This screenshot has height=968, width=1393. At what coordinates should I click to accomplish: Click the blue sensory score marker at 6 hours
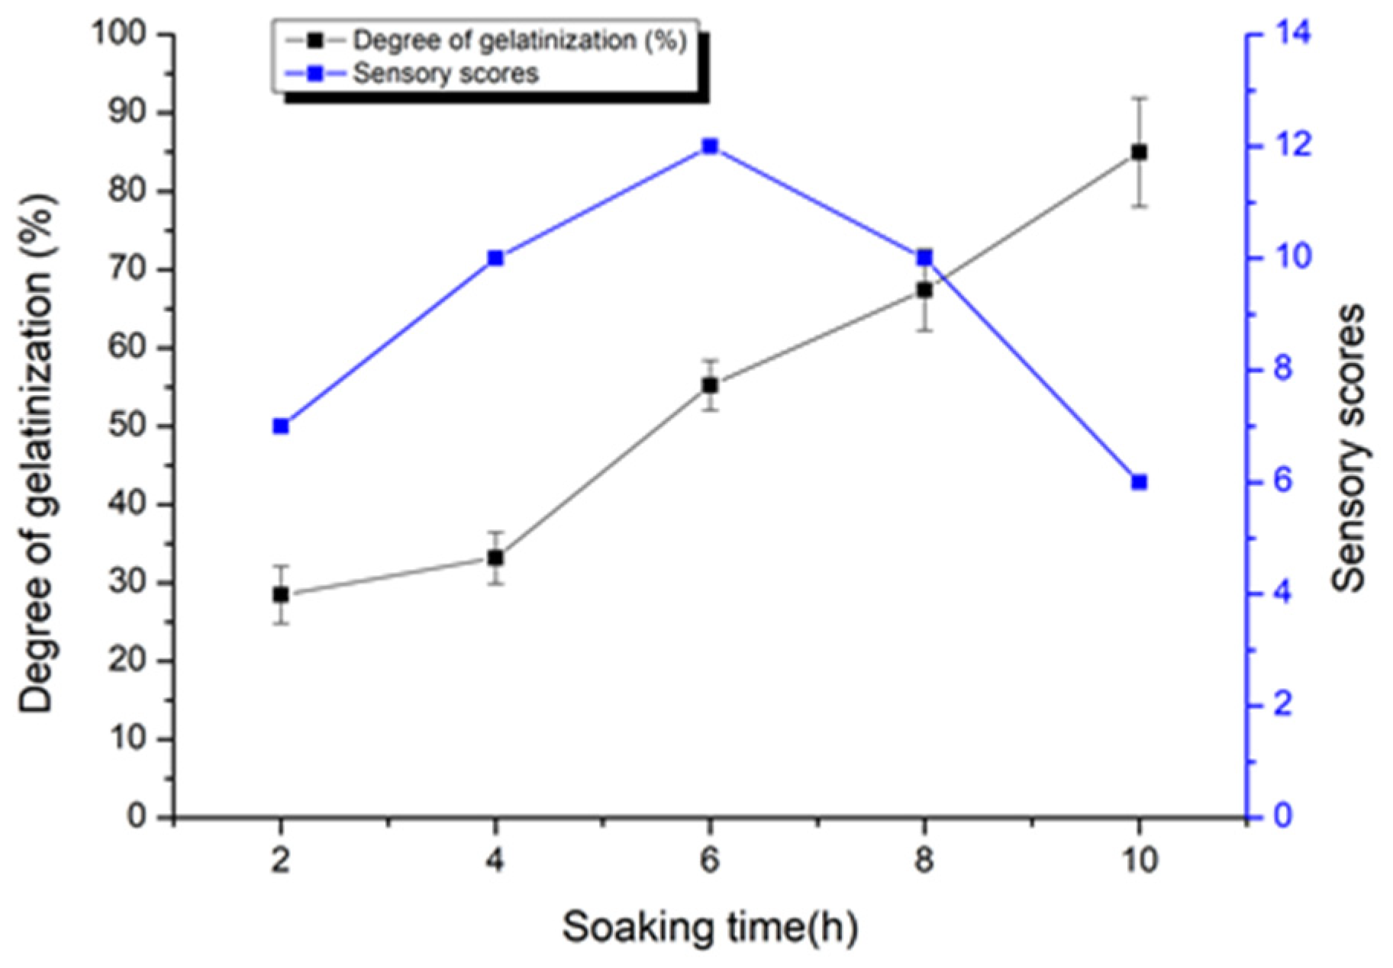[710, 146]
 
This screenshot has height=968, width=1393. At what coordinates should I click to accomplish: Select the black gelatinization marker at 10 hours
[1139, 152]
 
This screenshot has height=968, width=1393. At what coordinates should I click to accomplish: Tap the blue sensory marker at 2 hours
[280, 426]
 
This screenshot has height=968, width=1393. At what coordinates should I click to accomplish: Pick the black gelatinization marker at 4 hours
[495, 558]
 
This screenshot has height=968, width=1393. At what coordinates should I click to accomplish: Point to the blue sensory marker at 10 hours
[1139, 482]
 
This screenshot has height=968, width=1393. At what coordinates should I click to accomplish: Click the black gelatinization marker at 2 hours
[280, 594]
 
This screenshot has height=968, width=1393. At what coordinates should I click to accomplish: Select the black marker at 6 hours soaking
[710, 385]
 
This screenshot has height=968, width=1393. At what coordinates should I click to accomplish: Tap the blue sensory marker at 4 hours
[495, 258]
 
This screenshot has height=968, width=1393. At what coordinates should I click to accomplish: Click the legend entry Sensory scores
[446, 73]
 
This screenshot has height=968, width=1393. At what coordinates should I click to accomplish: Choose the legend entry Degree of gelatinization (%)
[519, 40]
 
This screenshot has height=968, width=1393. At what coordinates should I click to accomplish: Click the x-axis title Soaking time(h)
[710, 928]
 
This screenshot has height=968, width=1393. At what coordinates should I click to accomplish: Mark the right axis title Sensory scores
[1348, 449]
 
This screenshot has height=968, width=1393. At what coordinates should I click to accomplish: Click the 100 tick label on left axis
[119, 35]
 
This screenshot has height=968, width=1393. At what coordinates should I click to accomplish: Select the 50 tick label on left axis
[128, 426]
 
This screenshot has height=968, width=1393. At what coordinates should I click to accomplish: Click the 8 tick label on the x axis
[924, 860]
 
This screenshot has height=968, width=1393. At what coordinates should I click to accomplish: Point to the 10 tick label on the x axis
[1139, 860]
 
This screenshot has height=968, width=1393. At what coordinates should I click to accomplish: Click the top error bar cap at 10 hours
[1139, 98]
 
